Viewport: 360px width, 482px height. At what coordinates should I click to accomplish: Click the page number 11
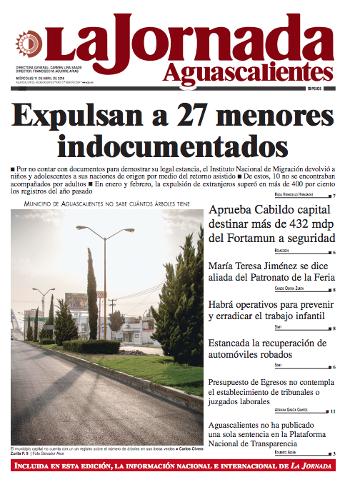pos(333,411)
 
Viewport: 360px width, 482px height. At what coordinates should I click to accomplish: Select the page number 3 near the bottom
pos(334,453)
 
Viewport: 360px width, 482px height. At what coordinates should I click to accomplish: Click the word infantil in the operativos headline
pos(305,315)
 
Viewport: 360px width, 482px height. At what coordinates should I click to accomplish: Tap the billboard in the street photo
pos(76,301)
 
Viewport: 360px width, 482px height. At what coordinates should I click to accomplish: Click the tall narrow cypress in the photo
pos(92,293)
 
